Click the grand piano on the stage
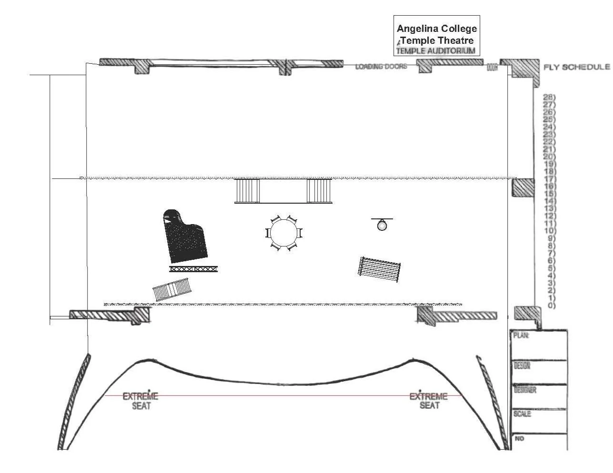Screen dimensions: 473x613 (x=185, y=237)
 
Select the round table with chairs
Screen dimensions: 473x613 (x=284, y=233)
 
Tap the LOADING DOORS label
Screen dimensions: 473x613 (x=381, y=67)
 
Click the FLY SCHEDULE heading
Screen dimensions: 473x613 (x=576, y=67)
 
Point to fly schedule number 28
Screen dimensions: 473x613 (x=549, y=97)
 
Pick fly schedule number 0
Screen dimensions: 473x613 (x=551, y=305)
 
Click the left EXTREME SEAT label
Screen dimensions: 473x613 (x=141, y=401)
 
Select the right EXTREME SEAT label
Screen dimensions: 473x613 (x=429, y=401)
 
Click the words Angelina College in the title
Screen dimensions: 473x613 (x=437, y=29)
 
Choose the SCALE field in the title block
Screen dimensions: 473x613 (x=522, y=414)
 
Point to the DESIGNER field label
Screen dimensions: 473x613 (x=525, y=390)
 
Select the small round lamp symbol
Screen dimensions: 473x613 (x=382, y=225)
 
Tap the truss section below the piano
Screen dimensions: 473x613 (x=193, y=269)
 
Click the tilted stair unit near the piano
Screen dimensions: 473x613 (x=172, y=290)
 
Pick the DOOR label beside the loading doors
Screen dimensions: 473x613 (x=492, y=68)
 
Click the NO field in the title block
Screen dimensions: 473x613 (x=519, y=438)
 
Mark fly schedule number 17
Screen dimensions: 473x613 (x=549, y=178)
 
